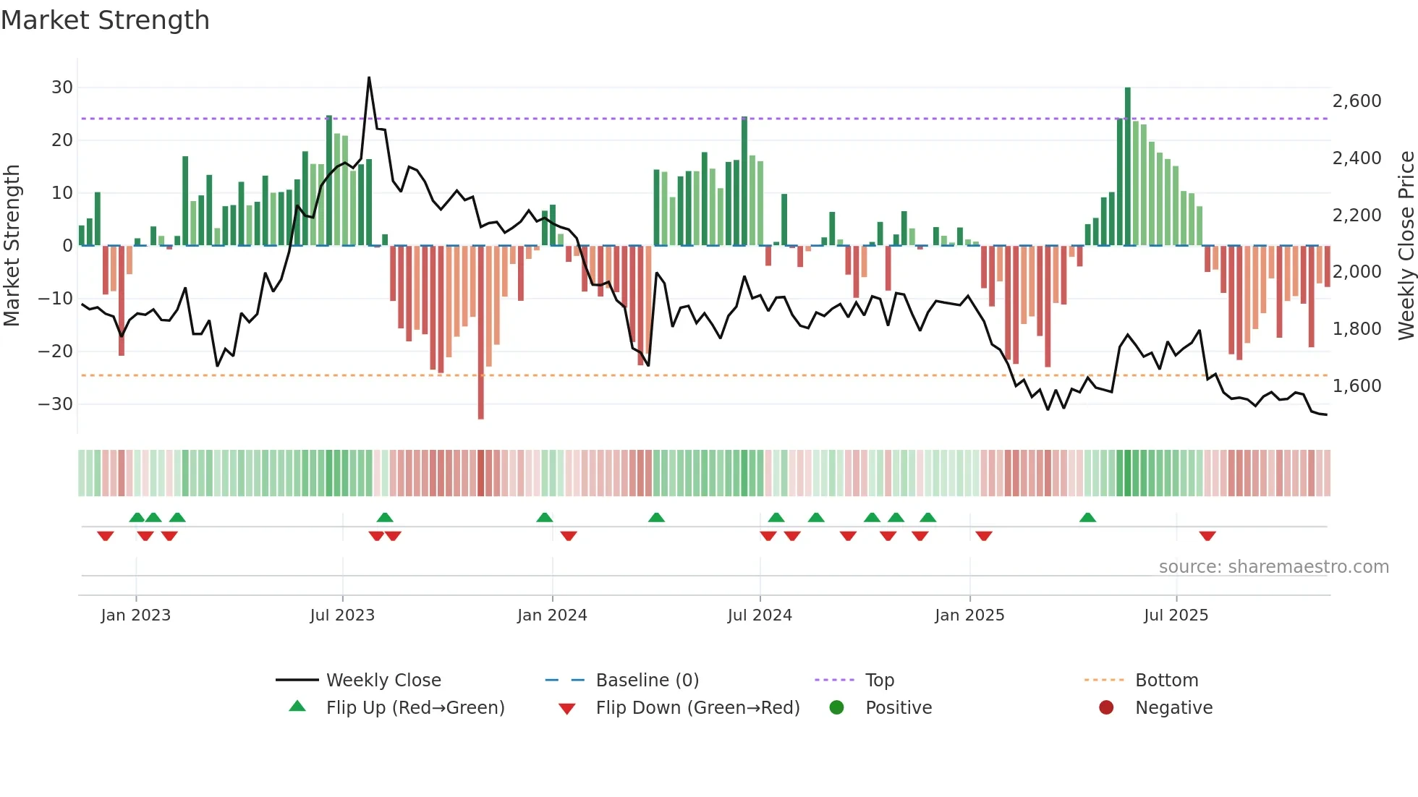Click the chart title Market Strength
tap(105, 20)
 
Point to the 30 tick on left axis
tap(62, 88)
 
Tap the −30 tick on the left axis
tap(56, 404)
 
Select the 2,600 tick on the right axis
tap(1357, 101)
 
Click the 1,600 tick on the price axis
tap(1357, 386)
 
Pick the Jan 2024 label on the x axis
tap(552, 615)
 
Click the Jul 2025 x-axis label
tap(1176, 615)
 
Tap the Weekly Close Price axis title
tap(1406, 246)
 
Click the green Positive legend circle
tap(836, 708)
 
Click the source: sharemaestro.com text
tap(1273, 567)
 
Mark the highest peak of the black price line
tap(369, 78)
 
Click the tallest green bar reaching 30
tap(1127, 166)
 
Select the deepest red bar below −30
tap(481, 333)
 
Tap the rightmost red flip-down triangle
tap(1207, 536)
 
